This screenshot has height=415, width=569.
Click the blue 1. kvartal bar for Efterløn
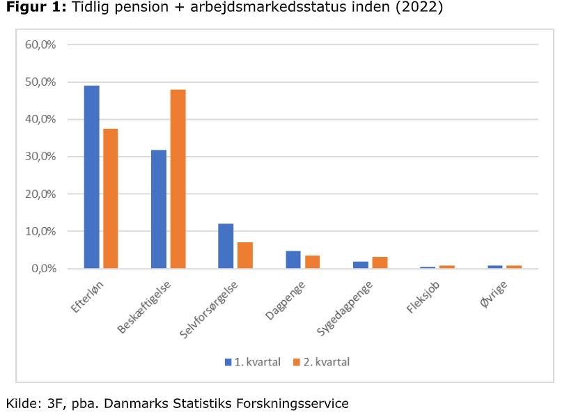click(x=91, y=177)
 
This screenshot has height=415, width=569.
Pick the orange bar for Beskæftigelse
click(x=178, y=179)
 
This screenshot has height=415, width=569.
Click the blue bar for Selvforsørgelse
click(x=226, y=246)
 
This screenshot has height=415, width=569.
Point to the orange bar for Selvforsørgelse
click(x=245, y=255)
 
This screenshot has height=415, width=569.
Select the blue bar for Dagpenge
click(x=293, y=259)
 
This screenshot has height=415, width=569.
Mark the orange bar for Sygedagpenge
click(x=380, y=263)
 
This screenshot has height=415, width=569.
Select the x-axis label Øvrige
click(x=496, y=295)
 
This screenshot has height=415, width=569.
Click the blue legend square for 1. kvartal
click(x=228, y=362)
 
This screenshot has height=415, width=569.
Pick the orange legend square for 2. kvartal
click(x=296, y=362)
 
